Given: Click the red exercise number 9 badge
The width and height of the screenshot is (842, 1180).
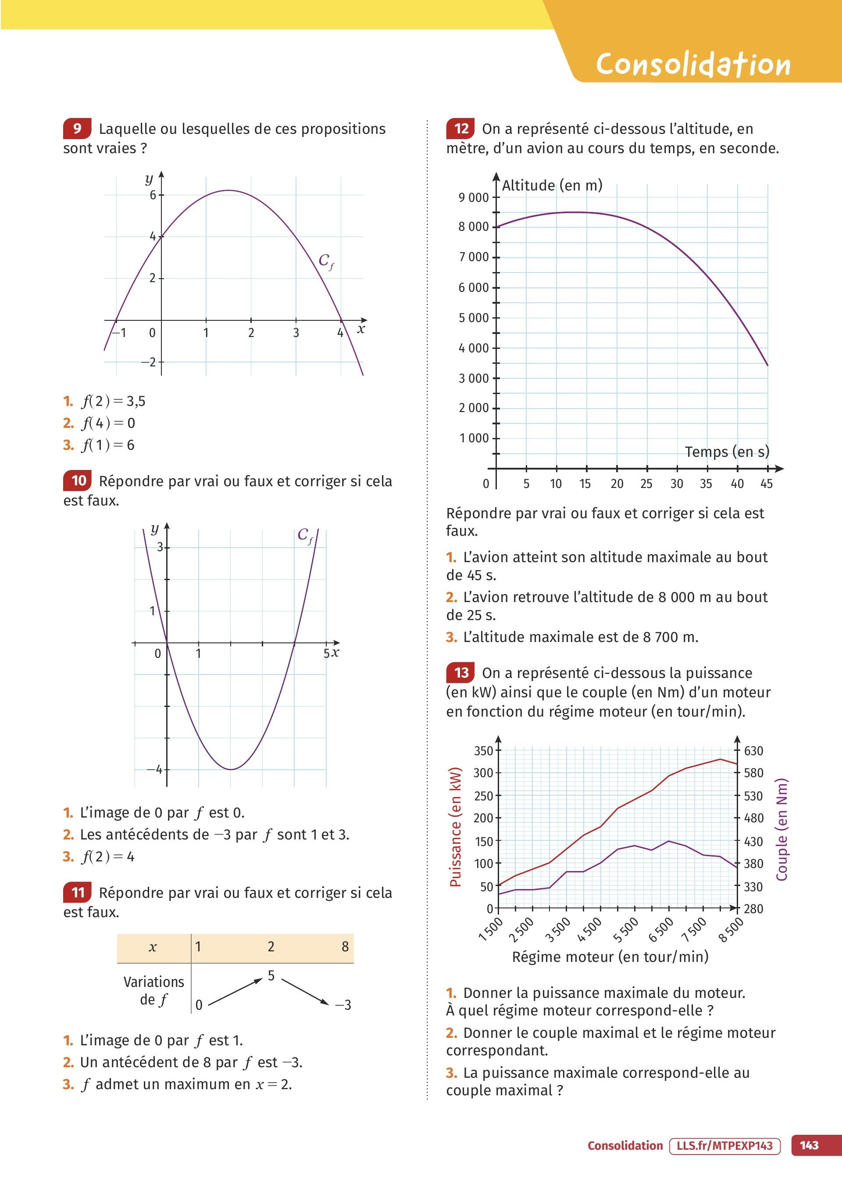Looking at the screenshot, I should click(77, 129).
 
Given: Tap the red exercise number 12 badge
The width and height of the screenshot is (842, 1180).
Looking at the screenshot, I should click(460, 129).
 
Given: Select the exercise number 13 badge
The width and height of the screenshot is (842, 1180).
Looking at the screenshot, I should click(460, 673).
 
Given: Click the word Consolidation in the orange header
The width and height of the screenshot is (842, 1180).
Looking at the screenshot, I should click(693, 65).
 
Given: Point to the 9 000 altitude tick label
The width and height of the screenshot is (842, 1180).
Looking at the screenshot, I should click(473, 197).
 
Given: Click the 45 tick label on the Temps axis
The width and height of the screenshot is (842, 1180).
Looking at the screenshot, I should click(766, 484).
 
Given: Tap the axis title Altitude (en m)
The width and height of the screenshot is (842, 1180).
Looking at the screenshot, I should click(552, 185).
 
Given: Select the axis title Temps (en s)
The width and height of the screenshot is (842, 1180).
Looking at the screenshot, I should click(727, 452).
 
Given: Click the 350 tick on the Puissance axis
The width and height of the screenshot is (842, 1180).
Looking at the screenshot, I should click(483, 750).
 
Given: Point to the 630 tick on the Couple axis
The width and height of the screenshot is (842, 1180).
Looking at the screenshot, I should click(753, 750).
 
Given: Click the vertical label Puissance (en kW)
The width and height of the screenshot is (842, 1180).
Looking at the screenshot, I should click(455, 827).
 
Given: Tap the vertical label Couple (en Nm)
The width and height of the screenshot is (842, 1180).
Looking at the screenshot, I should click(781, 829).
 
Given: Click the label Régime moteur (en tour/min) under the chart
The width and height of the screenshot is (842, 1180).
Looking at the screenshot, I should click(610, 957).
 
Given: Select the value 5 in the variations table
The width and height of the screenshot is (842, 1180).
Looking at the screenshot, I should click(271, 976).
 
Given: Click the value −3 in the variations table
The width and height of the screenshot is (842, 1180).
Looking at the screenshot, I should click(343, 1005).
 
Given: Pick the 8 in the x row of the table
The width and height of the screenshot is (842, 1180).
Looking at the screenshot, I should click(345, 947).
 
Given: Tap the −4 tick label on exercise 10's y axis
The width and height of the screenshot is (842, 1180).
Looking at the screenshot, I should click(154, 769).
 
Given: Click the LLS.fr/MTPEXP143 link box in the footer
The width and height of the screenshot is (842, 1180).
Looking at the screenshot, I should click(724, 1146).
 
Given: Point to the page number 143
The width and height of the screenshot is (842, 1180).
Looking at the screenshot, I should click(809, 1146).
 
